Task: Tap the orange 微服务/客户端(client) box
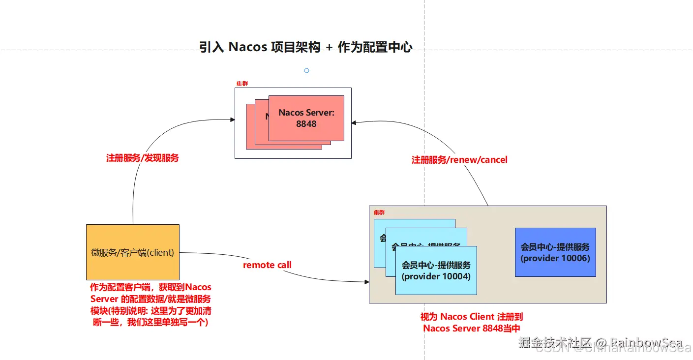point(132,252)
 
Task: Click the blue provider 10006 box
point(555,252)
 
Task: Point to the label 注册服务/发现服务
point(143,158)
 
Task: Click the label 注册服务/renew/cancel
point(459,160)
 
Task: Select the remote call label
point(267,265)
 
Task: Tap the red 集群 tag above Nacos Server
point(242,84)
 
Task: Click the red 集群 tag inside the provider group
point(379,212)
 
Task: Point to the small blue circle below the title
point(306,71)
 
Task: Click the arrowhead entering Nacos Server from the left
point(233,120)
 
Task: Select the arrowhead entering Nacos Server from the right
point(354,122)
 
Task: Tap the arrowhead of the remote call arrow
point(366,282)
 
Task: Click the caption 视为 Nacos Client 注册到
point(471,317)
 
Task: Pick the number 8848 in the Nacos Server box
point(306,124)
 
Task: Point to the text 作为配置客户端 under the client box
point(121,287)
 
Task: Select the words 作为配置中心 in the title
point(375,47)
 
